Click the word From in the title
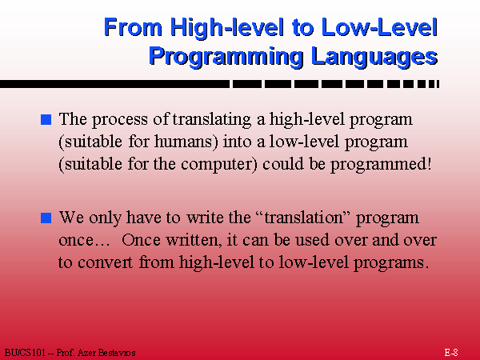tap(133, 27)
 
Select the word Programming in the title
tap(226, 56)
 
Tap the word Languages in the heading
tap(374, 56)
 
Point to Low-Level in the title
tap(379, 27)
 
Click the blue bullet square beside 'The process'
tap(46, 119)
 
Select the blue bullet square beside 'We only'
tap(46, 218)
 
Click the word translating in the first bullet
tap(212, 119)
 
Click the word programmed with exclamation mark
tap(381, 164)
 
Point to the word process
tap(120, 120)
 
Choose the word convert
tap(106, 262)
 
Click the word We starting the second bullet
tap(71, 218)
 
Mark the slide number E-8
tap(451, 352)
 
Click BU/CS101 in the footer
tap(25, 353)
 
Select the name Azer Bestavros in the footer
tap(106, 353)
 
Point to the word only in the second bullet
tap(106, 218)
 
